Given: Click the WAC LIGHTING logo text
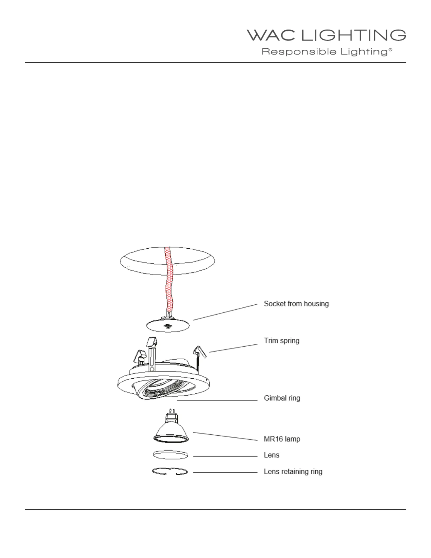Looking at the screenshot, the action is click(x=326, y=35).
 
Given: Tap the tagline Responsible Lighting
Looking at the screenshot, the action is click(x=325, y=52).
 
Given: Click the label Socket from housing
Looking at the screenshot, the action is click(x=296, y=304).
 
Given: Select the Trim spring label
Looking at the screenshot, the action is click(x=282, y=341).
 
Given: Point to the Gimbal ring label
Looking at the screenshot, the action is click(x=282, y=398).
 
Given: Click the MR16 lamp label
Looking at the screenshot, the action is click(x=282, y=439).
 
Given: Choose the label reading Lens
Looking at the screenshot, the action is click(x=271, y=455).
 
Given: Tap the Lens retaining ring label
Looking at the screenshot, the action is click(x=293, y=471).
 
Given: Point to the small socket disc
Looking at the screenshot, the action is click(x=168, y=326).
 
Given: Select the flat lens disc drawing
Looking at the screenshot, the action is click(x=171, y=455).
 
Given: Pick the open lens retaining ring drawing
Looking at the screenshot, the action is click(x=170, y=472).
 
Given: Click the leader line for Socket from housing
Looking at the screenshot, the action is click(x=225, y=312).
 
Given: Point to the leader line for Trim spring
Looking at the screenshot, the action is click(x=233, y=348).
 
